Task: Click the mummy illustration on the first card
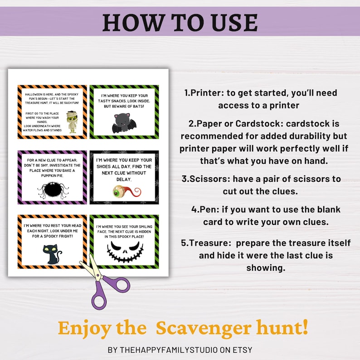click(72, 122)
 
